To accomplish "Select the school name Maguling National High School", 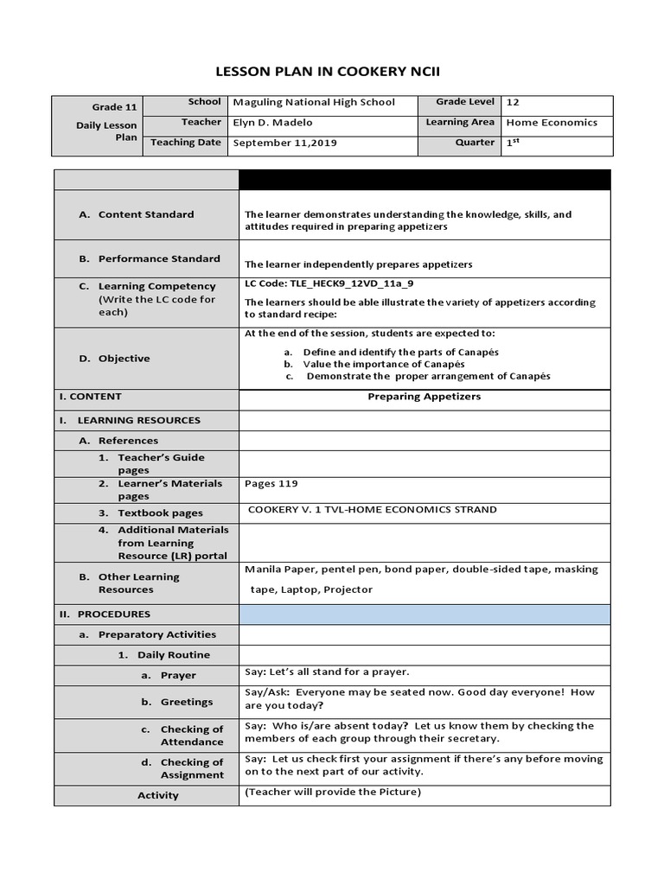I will pos(314,102).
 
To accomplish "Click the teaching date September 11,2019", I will pos(284,143).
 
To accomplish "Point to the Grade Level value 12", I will pos(513,102).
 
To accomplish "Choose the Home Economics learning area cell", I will pos(552,123).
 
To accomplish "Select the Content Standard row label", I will pos(145,214).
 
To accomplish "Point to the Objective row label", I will pos(124,358).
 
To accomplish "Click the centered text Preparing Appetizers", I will pos(424,397).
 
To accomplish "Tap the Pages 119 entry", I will pos(271,484).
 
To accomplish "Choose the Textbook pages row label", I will pos(160,513).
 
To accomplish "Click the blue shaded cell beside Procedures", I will pos(424,614).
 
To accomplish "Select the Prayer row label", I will pos(177,676).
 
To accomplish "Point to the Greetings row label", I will pos(186,702).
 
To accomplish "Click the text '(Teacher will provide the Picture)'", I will pos(332,793).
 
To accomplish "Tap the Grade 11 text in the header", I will pos(115,107).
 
